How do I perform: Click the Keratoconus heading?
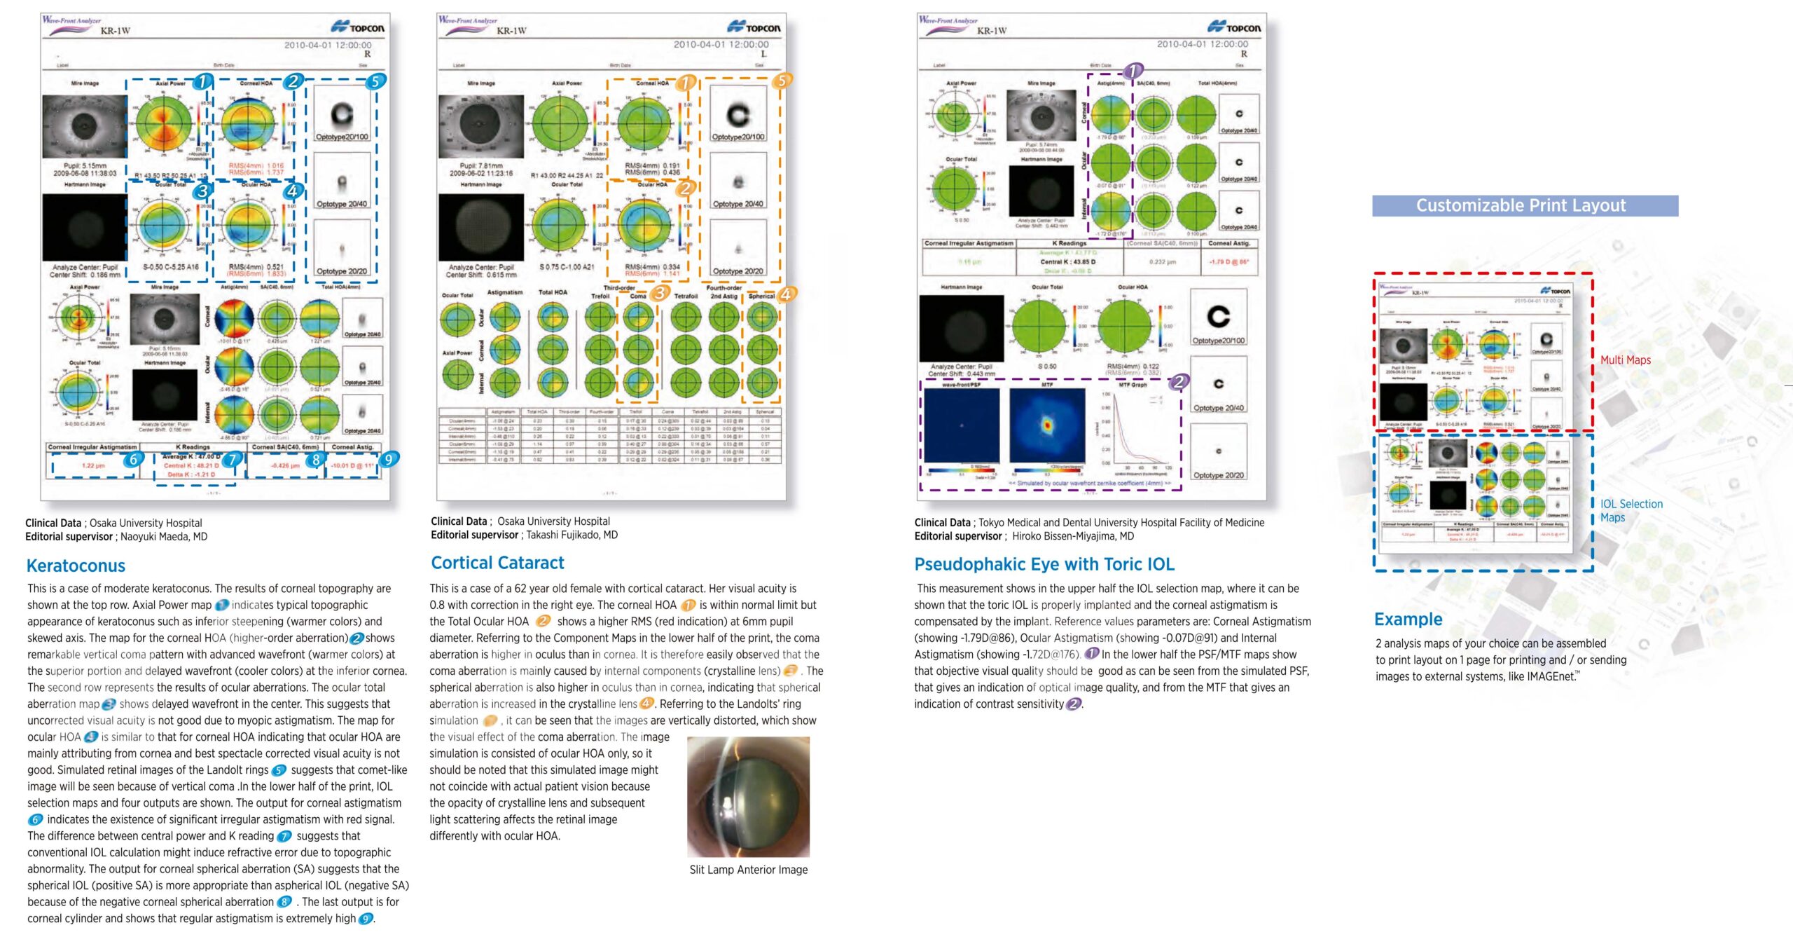point(76,566)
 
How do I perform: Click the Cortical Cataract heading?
point(497,563)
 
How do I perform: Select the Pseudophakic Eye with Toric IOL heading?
point(1044,564)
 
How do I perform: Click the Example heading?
point(1408,620)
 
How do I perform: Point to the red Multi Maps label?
point(1625,360)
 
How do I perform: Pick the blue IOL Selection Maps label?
point(1631,510)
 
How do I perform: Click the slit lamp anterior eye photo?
point(748,796)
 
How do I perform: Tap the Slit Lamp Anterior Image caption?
point(748,870)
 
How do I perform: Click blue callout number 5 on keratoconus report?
point(375,81)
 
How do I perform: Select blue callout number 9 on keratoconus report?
point(389,459)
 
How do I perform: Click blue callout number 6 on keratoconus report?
point(133,460)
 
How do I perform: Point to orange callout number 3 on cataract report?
point(659,293)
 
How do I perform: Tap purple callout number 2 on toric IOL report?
point(1179,382)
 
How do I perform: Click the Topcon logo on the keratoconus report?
point(358,27)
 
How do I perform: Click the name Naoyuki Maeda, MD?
point(163,537)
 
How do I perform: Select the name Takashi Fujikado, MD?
point(572,535)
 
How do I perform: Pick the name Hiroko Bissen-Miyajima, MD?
point(1072,536)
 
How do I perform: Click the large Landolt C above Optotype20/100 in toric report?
point(1218,317)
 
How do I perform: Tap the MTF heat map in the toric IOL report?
point(1047,425)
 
